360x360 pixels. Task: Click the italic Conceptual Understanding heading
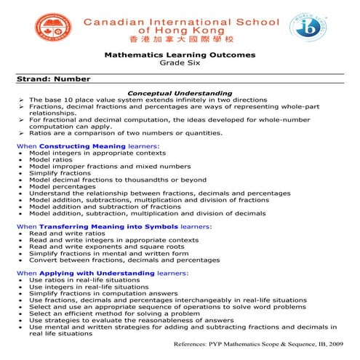[180, 93]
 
